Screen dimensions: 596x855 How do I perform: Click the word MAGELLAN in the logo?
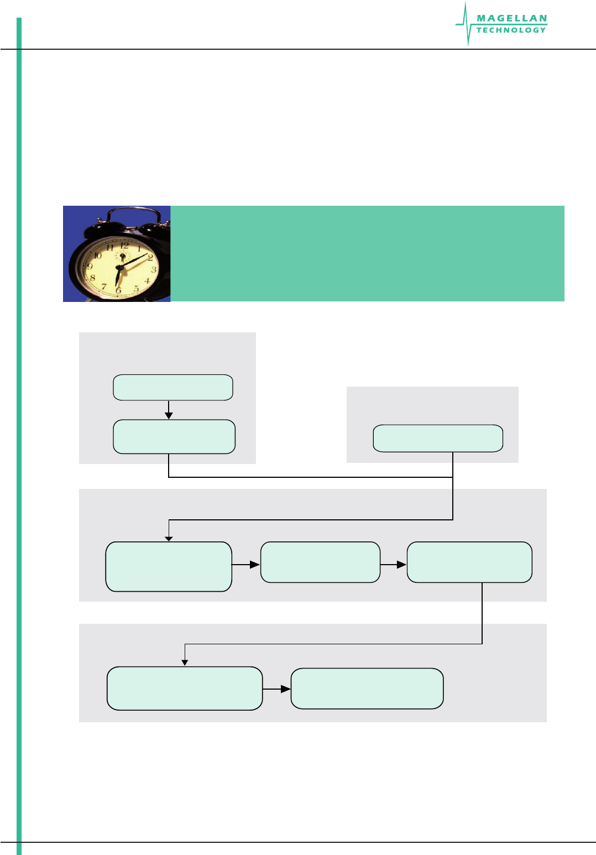pyautogui.click(x=511, y=18)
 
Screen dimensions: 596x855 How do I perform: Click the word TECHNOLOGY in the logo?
pyautogui.click(x=511, y=30)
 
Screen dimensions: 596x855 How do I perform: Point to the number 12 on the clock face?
pyautogui.click(x=124, y=245)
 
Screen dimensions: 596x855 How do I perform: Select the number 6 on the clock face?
pyautogui.click(x=118, y=290)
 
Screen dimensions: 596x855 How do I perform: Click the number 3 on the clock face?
pyautogui.click(x=154, y=270)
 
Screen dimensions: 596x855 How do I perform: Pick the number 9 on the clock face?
pyautogui.click(x=90, y=267)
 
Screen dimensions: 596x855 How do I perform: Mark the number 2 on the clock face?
pyautogui.click(x=150, y=258)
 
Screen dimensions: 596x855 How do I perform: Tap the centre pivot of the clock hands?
pyautogui.click(x=119, y=268)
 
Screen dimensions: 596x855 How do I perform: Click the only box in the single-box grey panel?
pyautogui.click(x=438, y=439)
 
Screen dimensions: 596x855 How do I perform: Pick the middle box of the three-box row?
pyautogui.click(x=320, y=562)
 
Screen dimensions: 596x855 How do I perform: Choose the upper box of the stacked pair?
pyautogui.click(x=173, y=387)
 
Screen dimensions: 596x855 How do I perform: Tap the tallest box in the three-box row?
pyautogui.click(x=169, y=567)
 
